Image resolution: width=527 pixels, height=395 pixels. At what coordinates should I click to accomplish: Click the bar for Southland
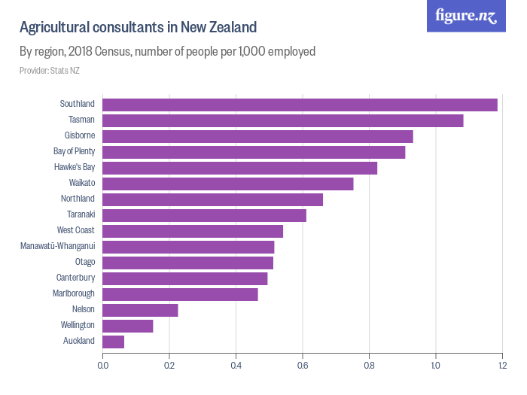(x=300, y=105)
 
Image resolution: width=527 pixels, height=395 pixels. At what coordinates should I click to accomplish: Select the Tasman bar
(x=282, y=120)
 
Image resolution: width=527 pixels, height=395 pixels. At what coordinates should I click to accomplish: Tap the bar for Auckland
(x=113, y=342)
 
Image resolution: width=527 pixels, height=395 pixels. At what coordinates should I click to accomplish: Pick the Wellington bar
(x=127, y=326)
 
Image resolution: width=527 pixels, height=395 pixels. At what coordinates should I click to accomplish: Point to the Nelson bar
(x=140, y=310)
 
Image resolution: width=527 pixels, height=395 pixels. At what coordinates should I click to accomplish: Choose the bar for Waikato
(x=227, y=184)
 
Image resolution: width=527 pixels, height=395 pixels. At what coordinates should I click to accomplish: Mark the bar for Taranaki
(x=204, y=215)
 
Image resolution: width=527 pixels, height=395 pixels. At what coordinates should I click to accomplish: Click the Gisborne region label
(x=80, y=135)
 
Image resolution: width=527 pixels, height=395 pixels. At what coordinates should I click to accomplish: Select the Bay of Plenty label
(x=74, y=151)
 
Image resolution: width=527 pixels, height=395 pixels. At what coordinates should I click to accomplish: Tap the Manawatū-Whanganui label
(x=57, y=246)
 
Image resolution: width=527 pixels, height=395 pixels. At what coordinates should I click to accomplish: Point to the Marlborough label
(x=74, y=293)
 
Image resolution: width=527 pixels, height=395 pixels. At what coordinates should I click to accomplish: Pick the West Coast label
(x=76, y=230)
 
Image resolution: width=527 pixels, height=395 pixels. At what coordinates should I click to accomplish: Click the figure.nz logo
(x=467, y=16)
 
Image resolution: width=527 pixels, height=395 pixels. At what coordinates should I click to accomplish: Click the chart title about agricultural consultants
(x=138, y=28)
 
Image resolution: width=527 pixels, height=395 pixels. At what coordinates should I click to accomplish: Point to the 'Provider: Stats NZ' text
(x=50, y=71)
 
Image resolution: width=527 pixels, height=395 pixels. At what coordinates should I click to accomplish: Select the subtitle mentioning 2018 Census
(x=167, y=52)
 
